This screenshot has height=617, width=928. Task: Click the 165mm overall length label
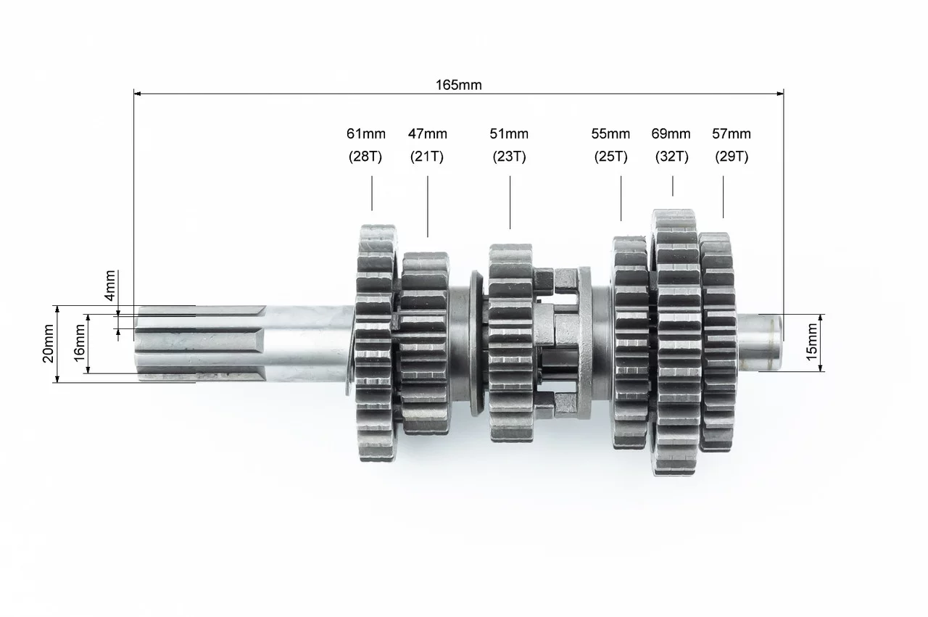click(x=459, y=85)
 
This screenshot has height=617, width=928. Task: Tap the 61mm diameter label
click(x=366, y=134)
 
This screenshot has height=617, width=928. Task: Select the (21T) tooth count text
click(x=427, y=157)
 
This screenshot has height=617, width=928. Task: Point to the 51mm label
click(x=509, y=134)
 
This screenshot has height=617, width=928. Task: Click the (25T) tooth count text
click(x=610, y=157)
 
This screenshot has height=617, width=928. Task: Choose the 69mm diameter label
click(x=671, y=134)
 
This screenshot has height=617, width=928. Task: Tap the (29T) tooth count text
click(x=732, y=157)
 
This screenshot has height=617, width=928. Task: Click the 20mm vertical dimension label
click(x=49, y=344)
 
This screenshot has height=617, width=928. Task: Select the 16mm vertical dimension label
click(x=80, y=343)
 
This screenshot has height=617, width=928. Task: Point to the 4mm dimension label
click(x=110, y=286)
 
